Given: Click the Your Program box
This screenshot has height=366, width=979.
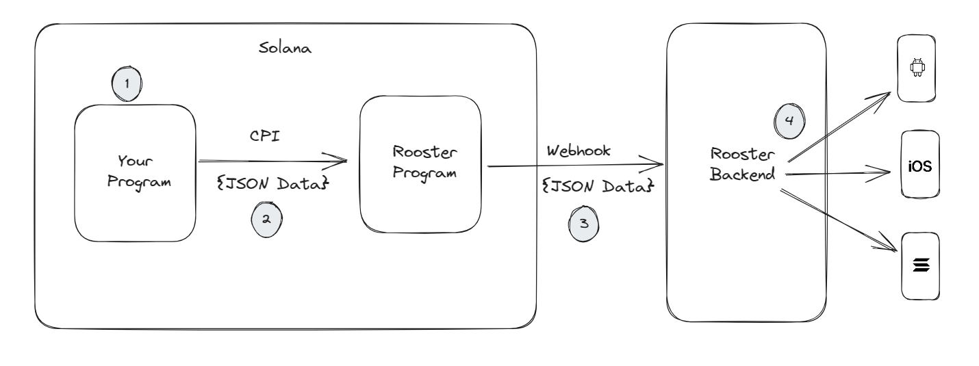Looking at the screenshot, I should pyautogui.click(x=134, y=172).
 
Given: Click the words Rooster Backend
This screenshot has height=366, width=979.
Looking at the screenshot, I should pyautogui.click(x=743, y=164).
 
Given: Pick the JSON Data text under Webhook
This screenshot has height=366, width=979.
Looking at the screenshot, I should pyautogui.click(x=598, y=185).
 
